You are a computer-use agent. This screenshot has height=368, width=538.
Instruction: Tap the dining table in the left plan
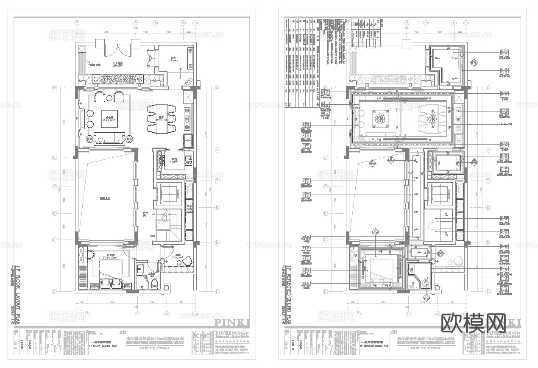pos(161,118)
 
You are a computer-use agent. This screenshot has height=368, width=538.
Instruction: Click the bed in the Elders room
pos(111,272)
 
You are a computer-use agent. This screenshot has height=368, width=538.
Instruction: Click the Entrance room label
pos(173,60)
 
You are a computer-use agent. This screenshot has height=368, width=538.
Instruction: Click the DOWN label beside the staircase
pos(152,236)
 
